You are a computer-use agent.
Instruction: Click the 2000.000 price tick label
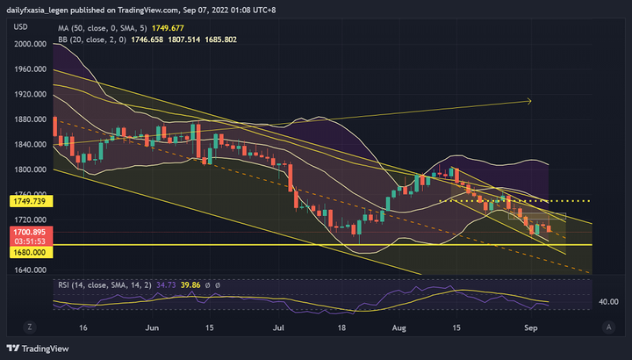coord(30,43)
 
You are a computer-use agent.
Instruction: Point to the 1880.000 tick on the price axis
coord(30,119)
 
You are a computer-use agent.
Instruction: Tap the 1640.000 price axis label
coord(30,271)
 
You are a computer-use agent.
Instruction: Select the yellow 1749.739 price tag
coord(28,201)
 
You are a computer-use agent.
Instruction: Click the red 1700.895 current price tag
coord(28,232)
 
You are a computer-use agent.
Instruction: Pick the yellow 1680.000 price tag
coord(28,252)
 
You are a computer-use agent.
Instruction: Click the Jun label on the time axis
coord(152,327)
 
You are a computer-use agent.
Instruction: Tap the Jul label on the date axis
coord(279,327)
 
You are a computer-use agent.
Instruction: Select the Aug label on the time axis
coord(399,327)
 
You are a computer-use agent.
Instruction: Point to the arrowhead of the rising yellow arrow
coord(529,101)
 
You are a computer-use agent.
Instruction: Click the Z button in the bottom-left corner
coord(28,327)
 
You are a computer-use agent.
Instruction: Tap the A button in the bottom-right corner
coord(608,327)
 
